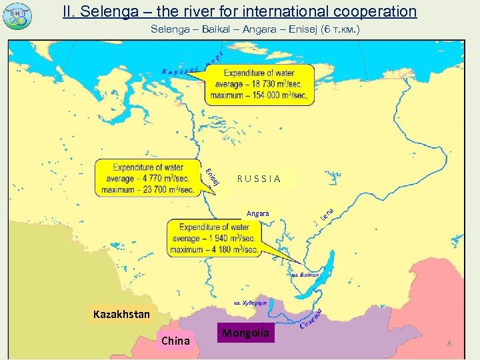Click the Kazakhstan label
pos(121,313)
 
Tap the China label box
pos(176,341)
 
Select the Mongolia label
pos(246,333)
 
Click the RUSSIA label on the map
pos(259,179)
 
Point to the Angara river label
pos(257,213)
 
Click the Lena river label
pos(327,213)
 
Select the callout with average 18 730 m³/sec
pos(258,85)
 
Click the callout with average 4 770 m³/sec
pos(147,178)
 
